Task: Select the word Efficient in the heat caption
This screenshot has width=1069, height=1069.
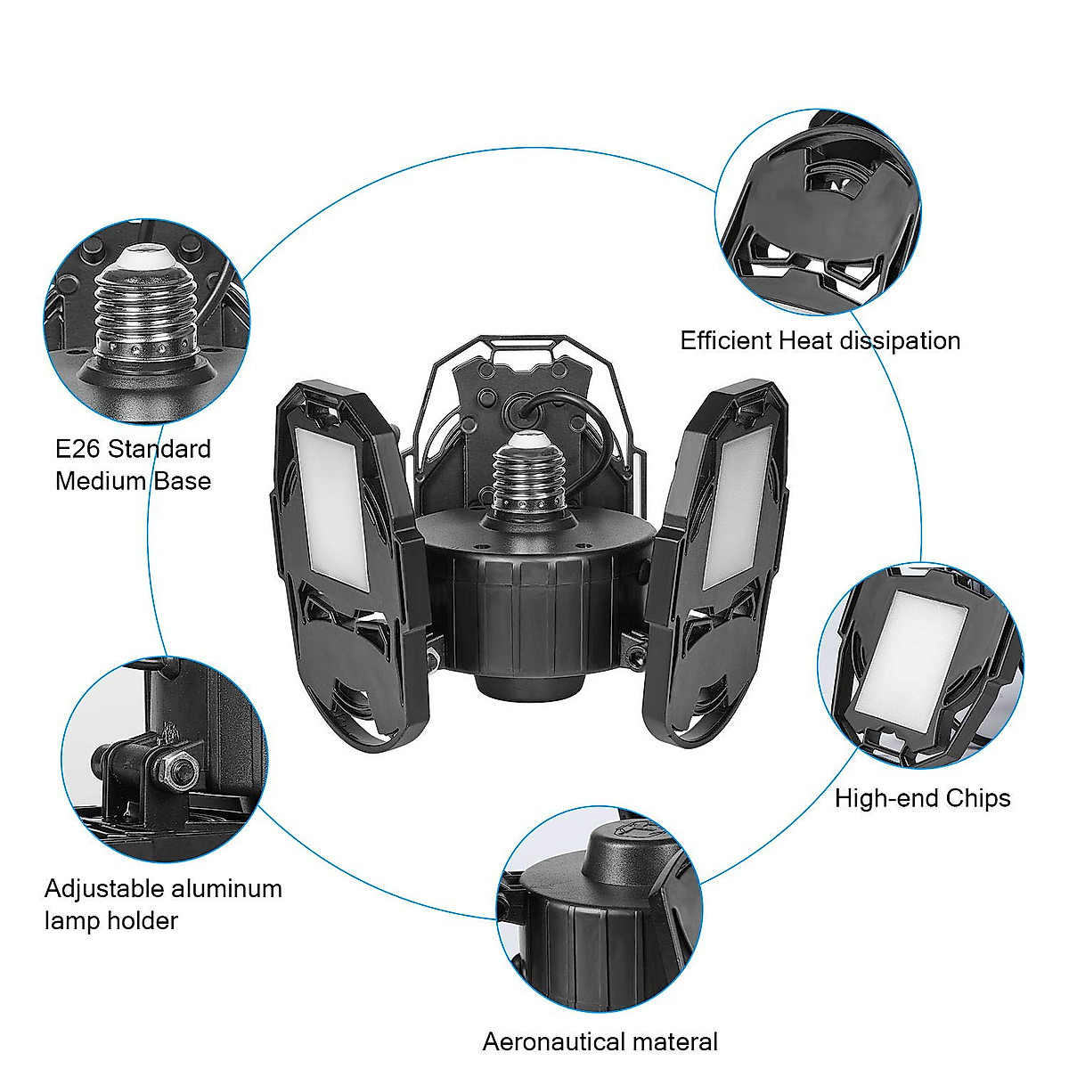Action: (x=725, y=340)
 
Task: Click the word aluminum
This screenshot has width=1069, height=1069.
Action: (x=228, y=888)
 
